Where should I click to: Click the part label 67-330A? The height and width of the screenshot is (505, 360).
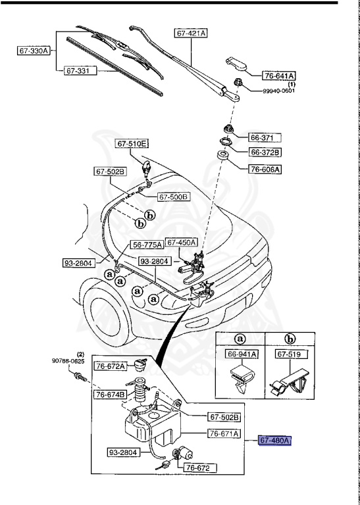click(32, 50)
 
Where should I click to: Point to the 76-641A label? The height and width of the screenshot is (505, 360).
click(280, 76)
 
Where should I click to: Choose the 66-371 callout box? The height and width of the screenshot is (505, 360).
click(265, 138)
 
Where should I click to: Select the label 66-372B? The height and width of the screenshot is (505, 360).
click(265, 153)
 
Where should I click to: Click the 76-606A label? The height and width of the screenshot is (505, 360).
click(265, 169)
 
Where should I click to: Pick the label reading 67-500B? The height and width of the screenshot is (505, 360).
click(173, 196)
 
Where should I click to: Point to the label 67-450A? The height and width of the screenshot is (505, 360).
click(182, 242)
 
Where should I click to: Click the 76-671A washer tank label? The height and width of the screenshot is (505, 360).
click(224, 433)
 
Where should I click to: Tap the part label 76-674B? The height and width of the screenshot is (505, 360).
click(110, 395)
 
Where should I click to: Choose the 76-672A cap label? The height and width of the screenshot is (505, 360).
click(110, 366)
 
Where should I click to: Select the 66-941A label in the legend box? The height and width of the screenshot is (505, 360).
click(242, 354)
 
